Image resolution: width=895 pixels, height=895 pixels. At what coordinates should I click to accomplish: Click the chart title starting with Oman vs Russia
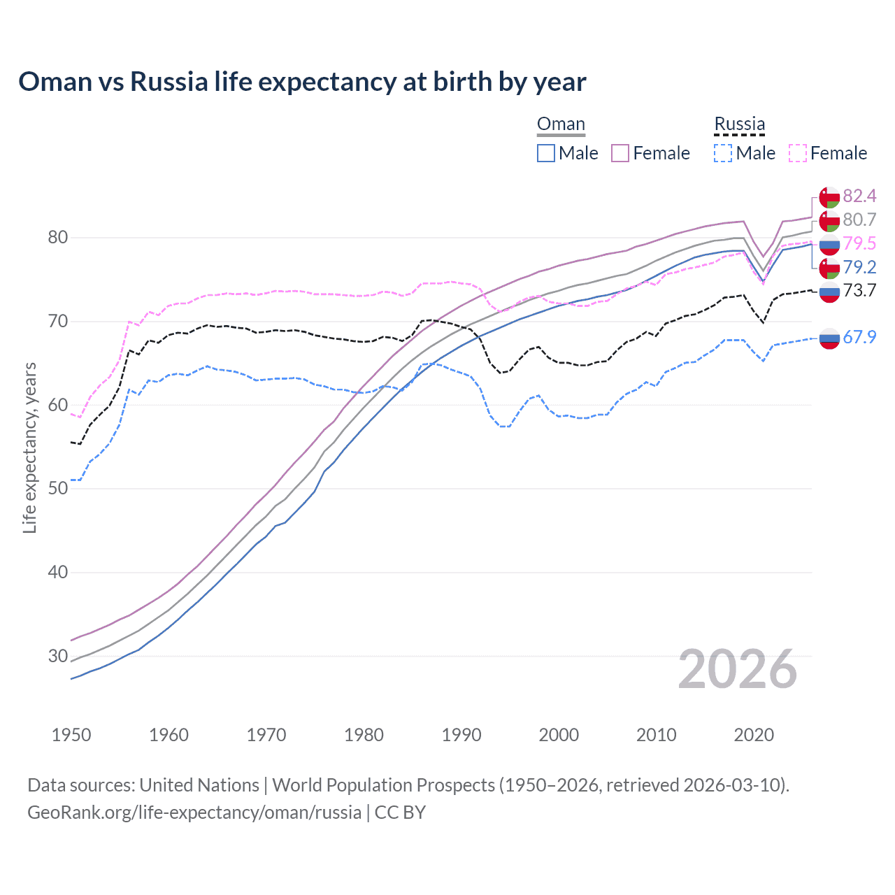pyautogui.click(x=302, y=82)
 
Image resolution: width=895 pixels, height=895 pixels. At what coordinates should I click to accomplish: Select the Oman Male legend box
pyautogui.click(x=546, y=153)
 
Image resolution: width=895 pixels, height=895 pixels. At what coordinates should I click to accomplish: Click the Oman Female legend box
pyautogui.click(x=620, y=153)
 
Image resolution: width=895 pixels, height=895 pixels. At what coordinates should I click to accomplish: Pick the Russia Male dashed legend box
pyautogui.click(x=723, y=153)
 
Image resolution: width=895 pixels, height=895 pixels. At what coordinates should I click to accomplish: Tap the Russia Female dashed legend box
pyautogui.click(x=798, y=153)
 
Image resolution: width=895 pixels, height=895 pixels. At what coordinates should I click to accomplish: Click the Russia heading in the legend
pyautogui.click(x=739, y=124)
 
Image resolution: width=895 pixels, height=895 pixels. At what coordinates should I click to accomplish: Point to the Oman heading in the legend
pyautogui.click(x=561, y=124)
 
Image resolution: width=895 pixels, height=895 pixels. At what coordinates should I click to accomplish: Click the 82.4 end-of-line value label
pyautogui.click(x=859, y=196)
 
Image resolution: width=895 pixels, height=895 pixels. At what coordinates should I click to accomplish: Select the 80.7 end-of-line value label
pyautogui.click(x=859, y=220)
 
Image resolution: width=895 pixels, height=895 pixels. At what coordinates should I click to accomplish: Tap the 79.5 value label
pyautogui.click(x=859, y=243)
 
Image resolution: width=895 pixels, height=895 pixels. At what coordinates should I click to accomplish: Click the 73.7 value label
pyautogui.click(x=859, y=291)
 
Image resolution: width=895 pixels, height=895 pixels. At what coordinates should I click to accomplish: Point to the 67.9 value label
pyautogui.click(x=859, y=337)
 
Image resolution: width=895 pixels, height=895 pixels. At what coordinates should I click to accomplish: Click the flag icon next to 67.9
pyautogui.click(x=829, y=338)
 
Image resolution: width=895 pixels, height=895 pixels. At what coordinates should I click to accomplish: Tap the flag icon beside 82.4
pyautogui.click(x=829, y=196)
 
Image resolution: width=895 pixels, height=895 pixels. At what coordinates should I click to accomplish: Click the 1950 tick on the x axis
pyautogui.click(x=71, y=735)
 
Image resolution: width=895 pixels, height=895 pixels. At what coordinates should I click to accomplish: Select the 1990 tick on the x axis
pyautogui.click(x=461, y=735)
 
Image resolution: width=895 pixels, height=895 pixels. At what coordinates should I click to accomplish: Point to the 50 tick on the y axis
pyautogui.click(x=58, y=488)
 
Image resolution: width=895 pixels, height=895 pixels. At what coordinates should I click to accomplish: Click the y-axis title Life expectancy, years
pyautogui.click(x=29, y=447)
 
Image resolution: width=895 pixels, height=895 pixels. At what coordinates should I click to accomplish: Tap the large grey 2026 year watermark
pyautogui.click(x=738, y=669)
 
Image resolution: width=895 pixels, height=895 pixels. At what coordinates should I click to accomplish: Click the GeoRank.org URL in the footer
pyautogui.click(x=194, y=812)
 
